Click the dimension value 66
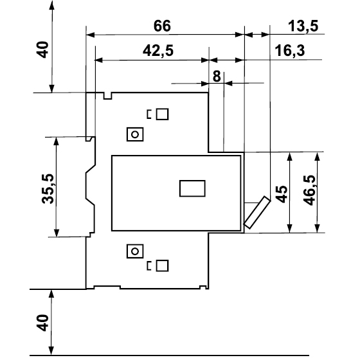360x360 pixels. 162,26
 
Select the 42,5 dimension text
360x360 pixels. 158,51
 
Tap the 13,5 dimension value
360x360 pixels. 303,26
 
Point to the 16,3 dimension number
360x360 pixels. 290,51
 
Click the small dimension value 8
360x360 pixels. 217,76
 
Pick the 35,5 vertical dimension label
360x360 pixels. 48,189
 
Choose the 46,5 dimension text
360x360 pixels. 309,190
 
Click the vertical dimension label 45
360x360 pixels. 282,194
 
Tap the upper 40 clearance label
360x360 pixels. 42,50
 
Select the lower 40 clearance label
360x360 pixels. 42,323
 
